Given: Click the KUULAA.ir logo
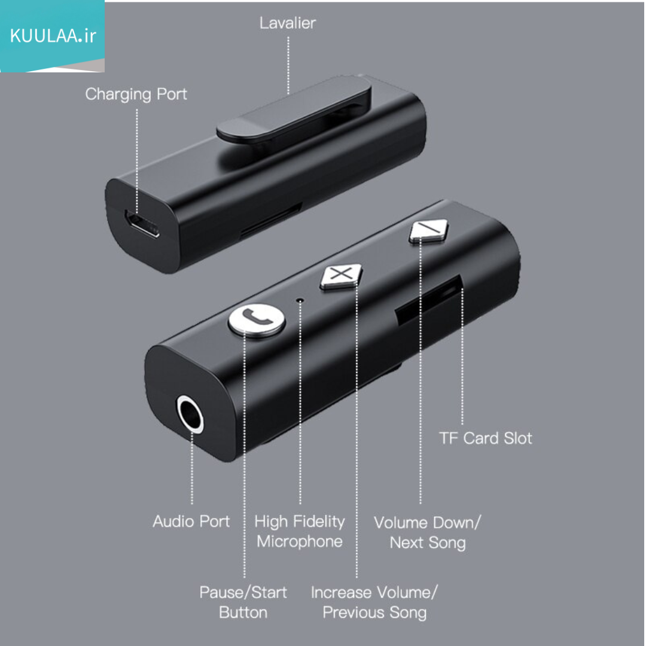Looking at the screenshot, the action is click(52, 36).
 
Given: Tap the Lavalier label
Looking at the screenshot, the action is click(288, 23).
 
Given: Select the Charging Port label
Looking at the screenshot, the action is click(136, 95).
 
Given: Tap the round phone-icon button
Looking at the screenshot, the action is click(257, 320).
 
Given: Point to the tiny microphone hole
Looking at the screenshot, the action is click(300, 301).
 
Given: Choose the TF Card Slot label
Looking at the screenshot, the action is click(485, 438).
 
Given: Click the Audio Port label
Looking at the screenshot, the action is click(191, 522).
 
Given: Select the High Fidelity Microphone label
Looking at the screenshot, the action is click(300, 532).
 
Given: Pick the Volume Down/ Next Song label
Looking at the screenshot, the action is click(427, 532).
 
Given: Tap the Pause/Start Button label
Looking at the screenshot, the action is click(243, 602).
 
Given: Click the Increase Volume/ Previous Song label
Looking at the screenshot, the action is click(374, 602).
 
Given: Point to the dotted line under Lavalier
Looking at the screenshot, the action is click(288, 66).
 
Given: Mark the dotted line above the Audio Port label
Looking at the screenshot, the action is click(192, 468).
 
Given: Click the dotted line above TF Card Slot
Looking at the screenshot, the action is click(462, 356).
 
